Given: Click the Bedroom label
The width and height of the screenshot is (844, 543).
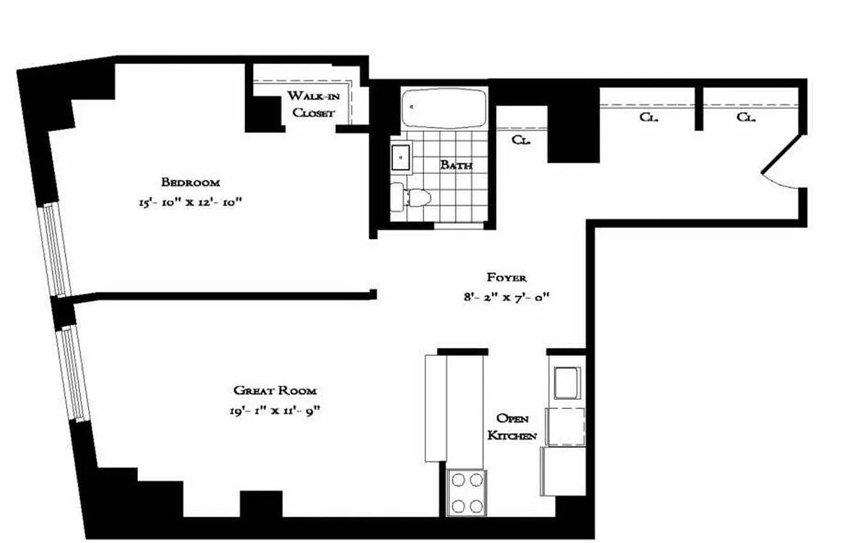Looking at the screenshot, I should (x=191, y=182).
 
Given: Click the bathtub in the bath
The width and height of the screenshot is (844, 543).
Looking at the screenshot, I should (x=444, y=108).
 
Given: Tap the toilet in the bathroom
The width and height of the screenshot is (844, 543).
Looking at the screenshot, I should (x=415, y=197).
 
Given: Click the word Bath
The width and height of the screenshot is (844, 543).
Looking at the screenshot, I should (x=456, y=164).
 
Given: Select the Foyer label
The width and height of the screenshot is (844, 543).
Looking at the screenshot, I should (x=507, y=277).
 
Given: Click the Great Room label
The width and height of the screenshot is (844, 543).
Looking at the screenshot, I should (x=275, y=390).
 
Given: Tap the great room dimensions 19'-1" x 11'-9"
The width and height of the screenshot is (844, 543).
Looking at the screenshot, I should (x=275, y=411).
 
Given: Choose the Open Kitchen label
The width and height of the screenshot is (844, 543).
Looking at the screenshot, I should (x=513, y=426).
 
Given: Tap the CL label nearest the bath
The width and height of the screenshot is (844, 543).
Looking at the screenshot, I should (x=520, y=141).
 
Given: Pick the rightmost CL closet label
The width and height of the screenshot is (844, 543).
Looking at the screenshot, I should (x=746, y=117).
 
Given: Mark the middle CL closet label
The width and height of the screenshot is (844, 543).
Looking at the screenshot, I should (x=649, y=117).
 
